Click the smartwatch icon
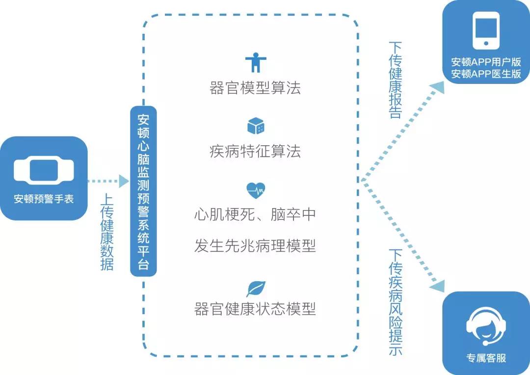pos(44,170)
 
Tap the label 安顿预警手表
pos(44,199)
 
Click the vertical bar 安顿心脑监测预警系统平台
pos(143,191)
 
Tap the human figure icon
pos(255,62)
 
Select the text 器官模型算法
pos(255,88)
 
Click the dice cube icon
pos(256,126)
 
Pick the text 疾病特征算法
pos(255,151)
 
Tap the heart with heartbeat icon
pos(256,189)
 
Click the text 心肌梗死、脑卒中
pos(255,214)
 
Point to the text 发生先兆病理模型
pos(255,245)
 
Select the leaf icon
pos(256,288)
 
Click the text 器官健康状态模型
pos(255,309)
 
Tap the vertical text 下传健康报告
pos(396,80)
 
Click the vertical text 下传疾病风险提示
pos(396,302)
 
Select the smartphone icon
pos(486,31)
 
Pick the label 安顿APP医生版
pos(486,74)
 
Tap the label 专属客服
pos(486,358)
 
